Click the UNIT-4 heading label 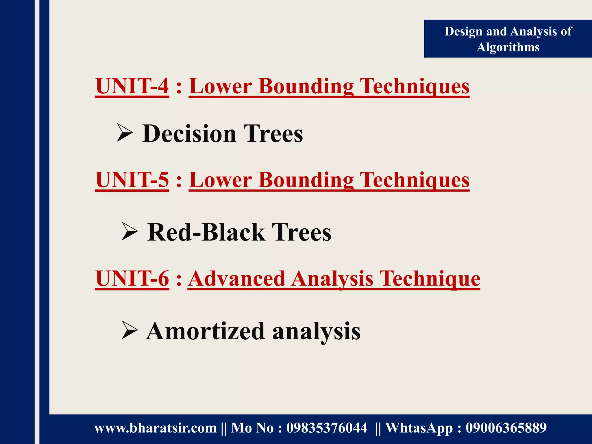coord(132,86)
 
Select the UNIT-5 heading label coord(132,180)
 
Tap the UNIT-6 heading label coord(132,279)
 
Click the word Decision coord(189,134)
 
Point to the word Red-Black coord(206,232)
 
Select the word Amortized coord(205,331)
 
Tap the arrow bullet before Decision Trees coord(125,133)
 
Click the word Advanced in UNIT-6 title coord(237,279)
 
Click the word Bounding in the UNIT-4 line coord(306,86)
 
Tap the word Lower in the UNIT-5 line coord(220,180)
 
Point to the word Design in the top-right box coord(464,32)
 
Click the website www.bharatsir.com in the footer coord(156,428)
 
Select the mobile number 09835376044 coord(327,428)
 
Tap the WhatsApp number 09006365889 coord(506,428)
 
